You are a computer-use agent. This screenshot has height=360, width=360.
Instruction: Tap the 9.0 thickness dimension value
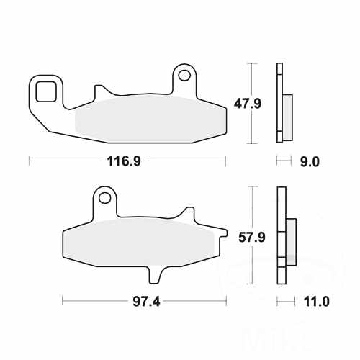pos(309,162)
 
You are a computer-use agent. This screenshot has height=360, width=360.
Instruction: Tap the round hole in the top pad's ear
pos(184,75)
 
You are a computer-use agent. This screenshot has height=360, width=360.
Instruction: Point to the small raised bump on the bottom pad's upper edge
pos(189,213)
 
